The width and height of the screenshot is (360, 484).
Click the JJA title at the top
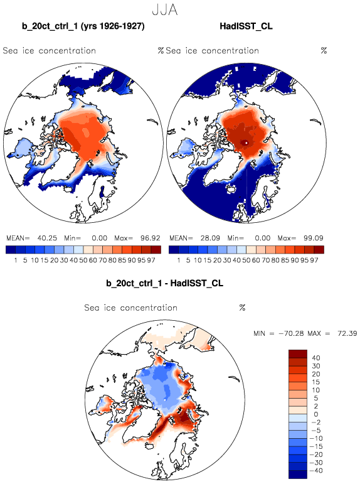(165, 9)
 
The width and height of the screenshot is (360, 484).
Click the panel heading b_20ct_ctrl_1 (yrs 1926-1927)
(83, 26)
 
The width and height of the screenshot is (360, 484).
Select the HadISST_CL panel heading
(246, 26)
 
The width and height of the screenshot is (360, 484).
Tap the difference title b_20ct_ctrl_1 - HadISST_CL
(164, 283)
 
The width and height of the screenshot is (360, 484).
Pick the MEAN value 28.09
(210, 238)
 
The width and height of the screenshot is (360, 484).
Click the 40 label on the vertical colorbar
(316, 358)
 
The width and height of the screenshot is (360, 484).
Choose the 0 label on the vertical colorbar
(316, 414)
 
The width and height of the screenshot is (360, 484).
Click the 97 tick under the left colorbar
(151, 261)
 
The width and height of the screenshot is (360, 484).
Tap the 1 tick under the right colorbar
(179, 261)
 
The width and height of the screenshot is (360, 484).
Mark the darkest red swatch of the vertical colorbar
(298, 353)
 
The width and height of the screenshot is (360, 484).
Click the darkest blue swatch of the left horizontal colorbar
(11, 249)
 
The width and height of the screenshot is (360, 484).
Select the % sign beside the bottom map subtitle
(242, 308)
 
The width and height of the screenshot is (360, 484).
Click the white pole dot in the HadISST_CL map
(246, 143)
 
